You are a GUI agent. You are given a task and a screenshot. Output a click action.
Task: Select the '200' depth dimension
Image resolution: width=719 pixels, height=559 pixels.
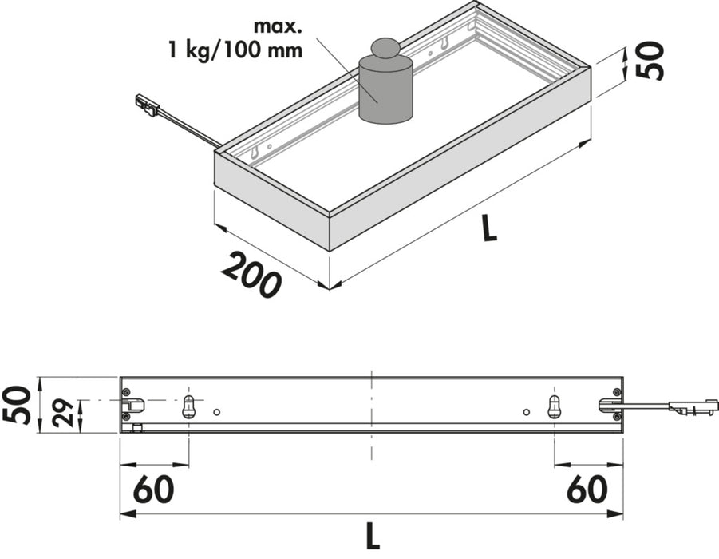click(251, 274)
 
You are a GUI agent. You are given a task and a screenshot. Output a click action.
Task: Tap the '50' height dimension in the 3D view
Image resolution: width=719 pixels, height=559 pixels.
click(652, 60)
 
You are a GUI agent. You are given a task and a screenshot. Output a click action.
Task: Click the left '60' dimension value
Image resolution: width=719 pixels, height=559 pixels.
click(154, 490)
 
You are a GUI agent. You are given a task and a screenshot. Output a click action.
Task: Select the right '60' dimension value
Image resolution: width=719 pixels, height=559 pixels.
click(587, 490)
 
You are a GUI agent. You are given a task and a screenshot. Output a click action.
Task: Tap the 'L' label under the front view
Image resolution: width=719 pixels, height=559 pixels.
click(372, 534)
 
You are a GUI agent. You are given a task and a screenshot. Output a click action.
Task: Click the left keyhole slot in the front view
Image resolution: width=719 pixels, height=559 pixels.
click(189, 406)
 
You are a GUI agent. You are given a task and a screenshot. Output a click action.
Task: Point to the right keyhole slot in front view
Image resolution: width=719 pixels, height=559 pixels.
click(555, 406)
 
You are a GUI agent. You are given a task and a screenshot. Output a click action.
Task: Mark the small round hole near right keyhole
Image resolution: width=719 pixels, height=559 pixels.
click(526, 412)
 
